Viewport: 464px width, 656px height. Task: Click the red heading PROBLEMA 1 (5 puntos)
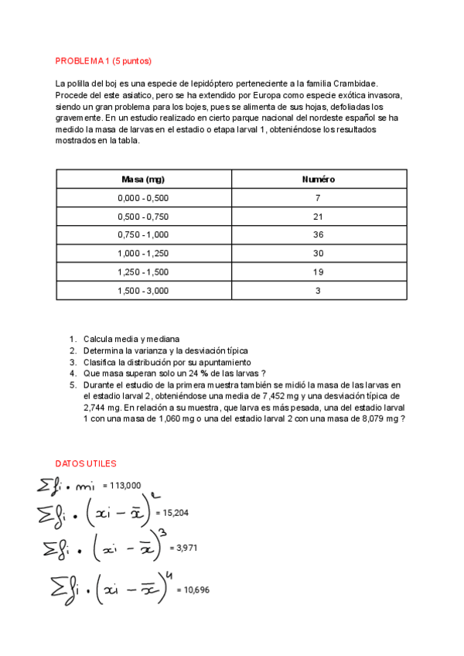pos(104,61)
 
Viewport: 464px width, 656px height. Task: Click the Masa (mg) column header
pos(143,179)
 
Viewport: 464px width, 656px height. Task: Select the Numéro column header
pos(318,179)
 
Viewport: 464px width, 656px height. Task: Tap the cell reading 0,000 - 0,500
pos(143,198)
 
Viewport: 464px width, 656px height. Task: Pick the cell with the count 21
pos(318,217)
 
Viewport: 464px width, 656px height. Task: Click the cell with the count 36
pos(318,235)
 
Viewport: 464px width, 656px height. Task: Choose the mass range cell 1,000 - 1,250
pos(143,254)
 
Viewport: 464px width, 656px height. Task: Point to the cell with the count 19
pos(318,272)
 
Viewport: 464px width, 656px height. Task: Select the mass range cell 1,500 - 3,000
pos(143,291)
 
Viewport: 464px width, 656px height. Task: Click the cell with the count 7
pos(318,198)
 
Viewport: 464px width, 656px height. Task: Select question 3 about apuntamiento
pos(166,362)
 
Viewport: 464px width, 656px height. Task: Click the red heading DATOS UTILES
pos(86,463)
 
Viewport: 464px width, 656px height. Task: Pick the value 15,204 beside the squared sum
pos(172,512)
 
